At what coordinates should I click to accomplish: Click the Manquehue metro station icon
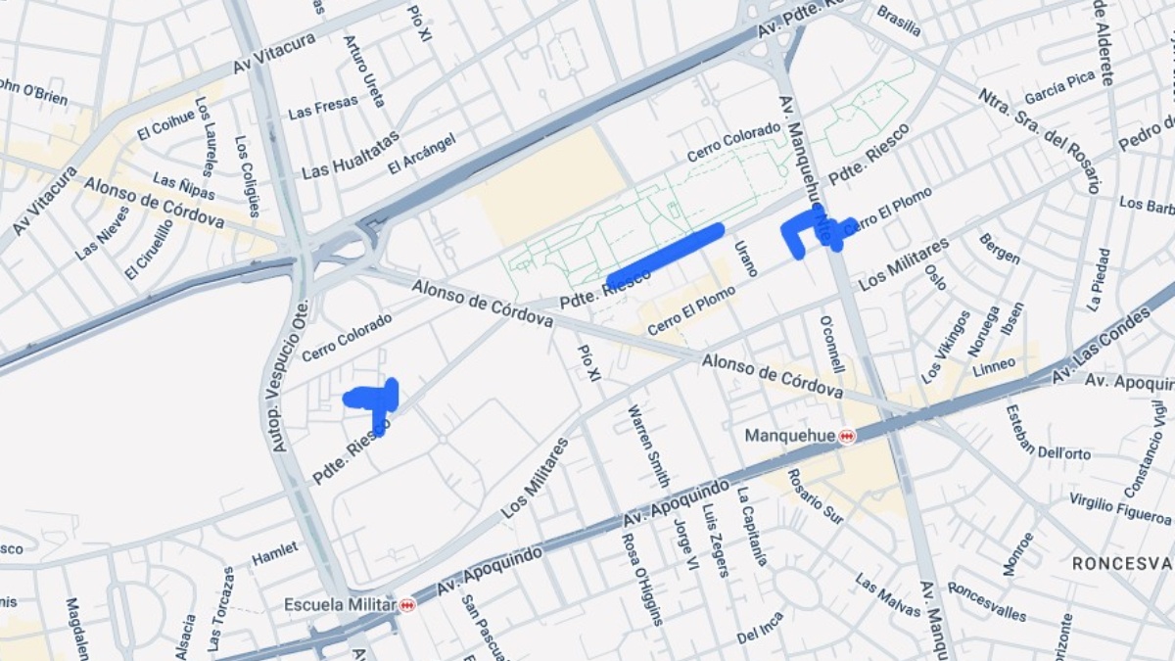point(847,437)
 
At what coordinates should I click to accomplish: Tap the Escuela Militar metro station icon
point(407,605)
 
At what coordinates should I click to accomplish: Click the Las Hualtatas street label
point(351,154)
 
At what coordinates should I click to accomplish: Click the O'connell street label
point(831,344)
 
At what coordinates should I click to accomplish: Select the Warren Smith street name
point(648,446)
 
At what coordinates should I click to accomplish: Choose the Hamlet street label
point(274,554)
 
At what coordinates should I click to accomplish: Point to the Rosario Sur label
point(815,496)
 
